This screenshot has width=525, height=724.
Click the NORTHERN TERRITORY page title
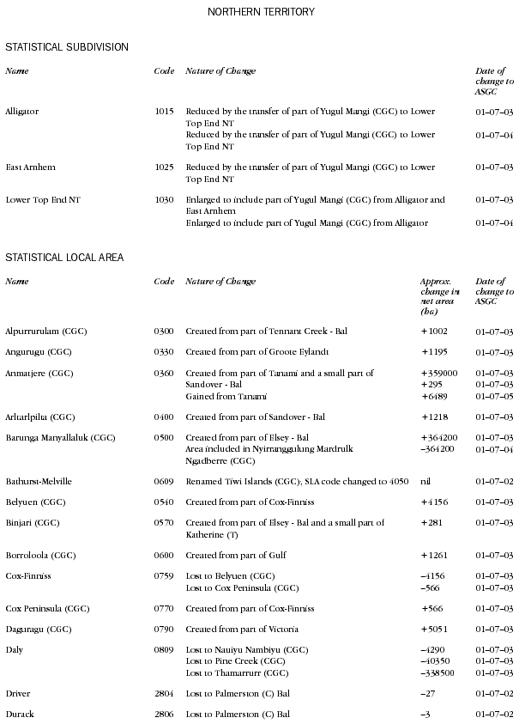262,12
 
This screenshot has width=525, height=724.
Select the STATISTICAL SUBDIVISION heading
67,46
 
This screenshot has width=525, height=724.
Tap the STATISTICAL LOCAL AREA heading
64,257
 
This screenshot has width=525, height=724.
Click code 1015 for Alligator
164,112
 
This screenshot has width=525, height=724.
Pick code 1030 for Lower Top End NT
164,200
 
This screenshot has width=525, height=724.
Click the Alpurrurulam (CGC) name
45,331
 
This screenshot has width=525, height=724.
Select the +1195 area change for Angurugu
435,352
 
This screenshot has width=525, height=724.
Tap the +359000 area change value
439,374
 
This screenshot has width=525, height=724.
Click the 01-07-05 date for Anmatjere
494,396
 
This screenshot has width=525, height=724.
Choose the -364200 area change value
437,449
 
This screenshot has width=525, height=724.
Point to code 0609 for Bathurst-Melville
164,481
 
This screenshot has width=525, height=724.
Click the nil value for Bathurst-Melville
426,481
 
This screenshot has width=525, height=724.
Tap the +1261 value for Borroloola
435,555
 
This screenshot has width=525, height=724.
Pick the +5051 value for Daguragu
435,630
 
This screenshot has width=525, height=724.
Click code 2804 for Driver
164,692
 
